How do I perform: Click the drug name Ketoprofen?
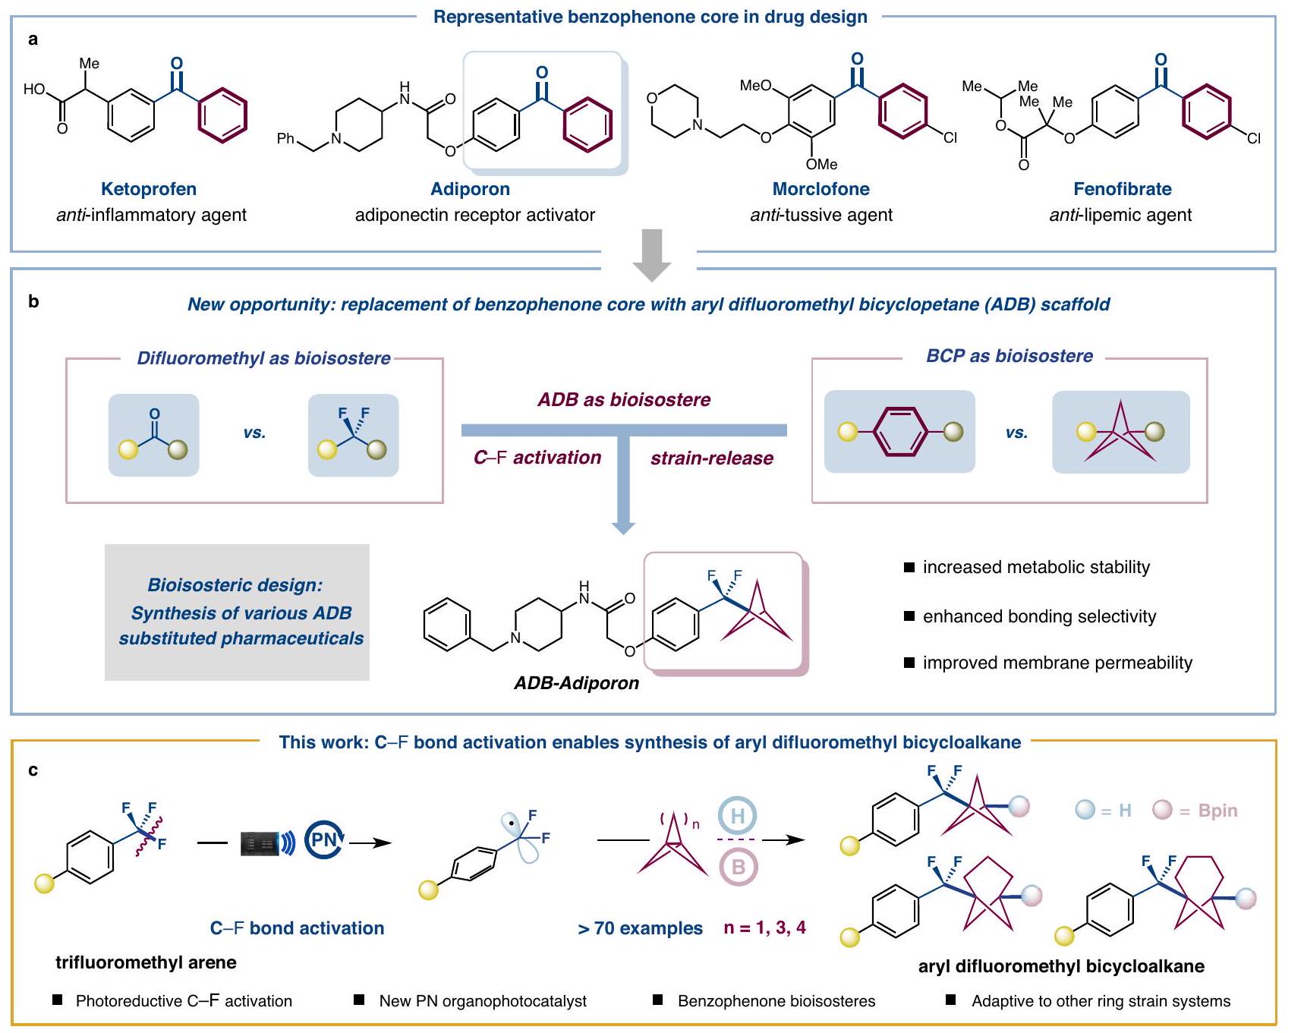(149, 189)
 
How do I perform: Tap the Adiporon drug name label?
(470, 189)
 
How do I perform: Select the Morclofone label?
(821, 189)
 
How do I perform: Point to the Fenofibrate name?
(1122, 189)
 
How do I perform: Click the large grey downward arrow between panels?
(651, 255)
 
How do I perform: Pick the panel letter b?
(33, 301)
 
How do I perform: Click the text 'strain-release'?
(711, 458)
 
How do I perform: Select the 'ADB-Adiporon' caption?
(576, 683)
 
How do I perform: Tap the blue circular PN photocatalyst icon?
(325, 839)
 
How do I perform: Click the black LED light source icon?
(261, 843)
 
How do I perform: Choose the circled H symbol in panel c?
(737, 817)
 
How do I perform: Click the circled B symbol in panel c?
(738, 867)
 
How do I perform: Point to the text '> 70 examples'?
(640, 928)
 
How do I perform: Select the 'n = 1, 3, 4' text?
(764, 927)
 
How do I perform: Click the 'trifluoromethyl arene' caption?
(146, 962)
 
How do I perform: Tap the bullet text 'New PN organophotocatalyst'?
(483, 1001)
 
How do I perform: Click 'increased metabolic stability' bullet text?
(1036, 567)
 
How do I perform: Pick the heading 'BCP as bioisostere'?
(1009, 356)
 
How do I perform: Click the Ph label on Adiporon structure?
(285, 138)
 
